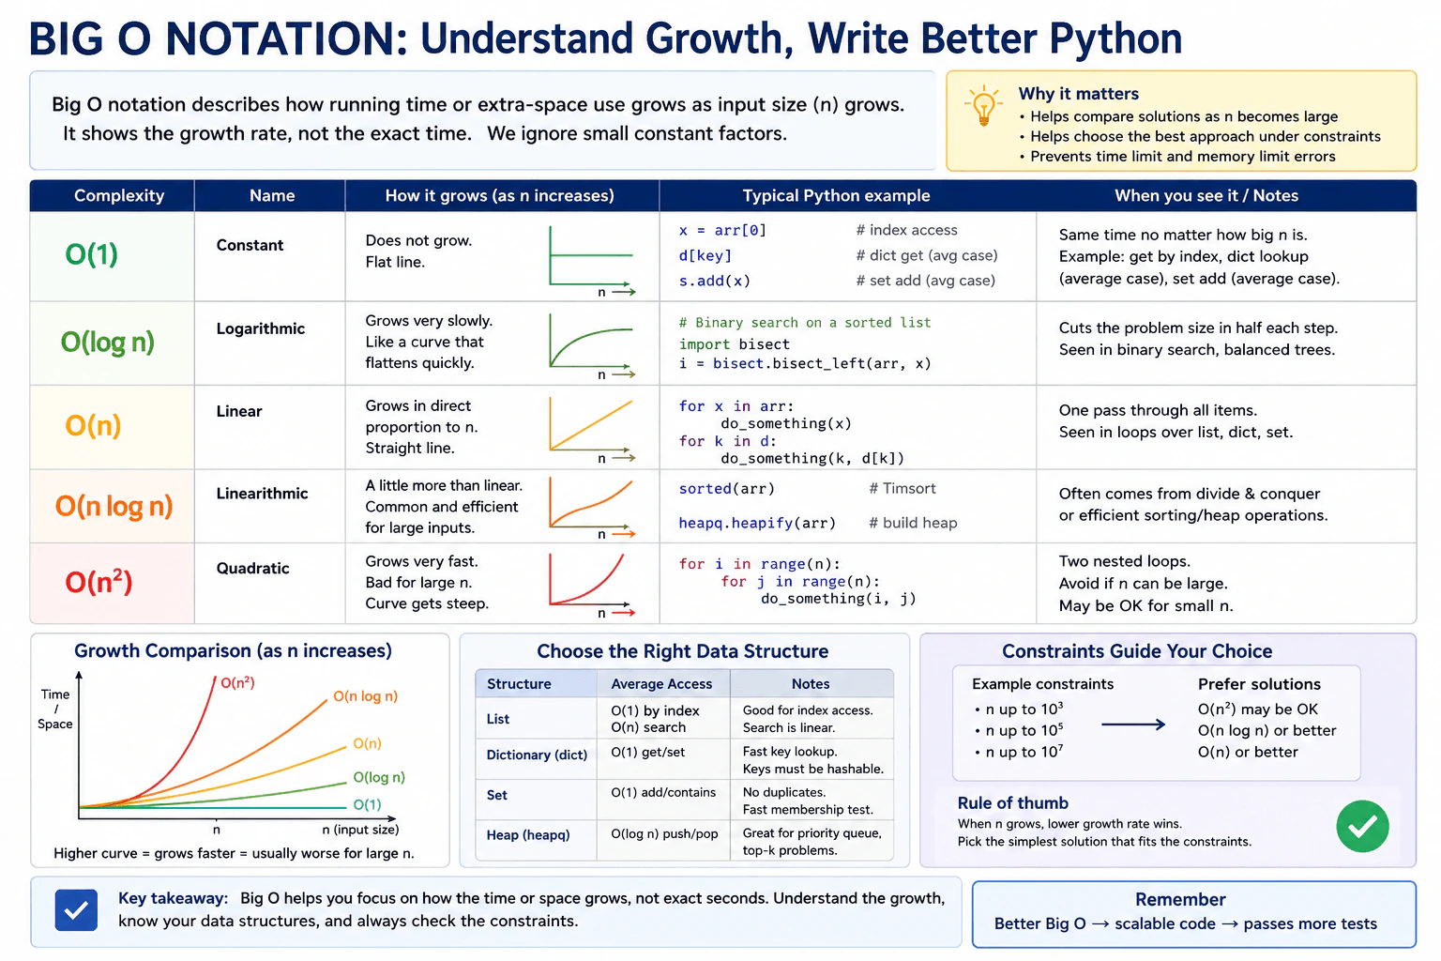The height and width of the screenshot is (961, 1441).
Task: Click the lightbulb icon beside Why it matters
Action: tap(983, 107)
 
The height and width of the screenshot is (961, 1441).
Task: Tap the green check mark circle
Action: tap(1362, 826)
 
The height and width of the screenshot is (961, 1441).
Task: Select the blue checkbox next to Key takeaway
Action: tap(76, 909)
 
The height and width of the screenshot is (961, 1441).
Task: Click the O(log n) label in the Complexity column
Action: tap(108, 342)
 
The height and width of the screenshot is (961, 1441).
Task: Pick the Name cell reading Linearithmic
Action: tap(262, 493)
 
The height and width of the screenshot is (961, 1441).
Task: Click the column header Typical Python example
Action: tap(836, 196)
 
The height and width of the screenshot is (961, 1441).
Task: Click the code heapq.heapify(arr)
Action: tap(756, 523)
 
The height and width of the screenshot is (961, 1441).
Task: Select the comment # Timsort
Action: tap(902, 489)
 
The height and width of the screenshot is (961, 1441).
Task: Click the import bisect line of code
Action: tap(734, 344)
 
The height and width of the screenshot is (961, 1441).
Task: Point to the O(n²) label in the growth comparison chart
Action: tap(237, 682)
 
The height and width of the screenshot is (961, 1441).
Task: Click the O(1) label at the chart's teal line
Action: tap(367, 804)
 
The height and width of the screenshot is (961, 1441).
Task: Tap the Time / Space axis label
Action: tap(55, 709)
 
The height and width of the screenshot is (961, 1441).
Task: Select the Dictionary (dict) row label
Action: tap(537, 755)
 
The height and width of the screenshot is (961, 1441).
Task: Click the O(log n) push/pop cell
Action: tap(664, 834)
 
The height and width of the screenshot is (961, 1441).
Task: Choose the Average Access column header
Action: tap(661, 683)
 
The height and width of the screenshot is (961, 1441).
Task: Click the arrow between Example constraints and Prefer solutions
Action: tap(1133, 725)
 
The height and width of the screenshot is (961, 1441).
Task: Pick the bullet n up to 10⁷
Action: tap(1020, 752)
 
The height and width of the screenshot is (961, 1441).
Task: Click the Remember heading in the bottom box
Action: tap(1180, 899)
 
